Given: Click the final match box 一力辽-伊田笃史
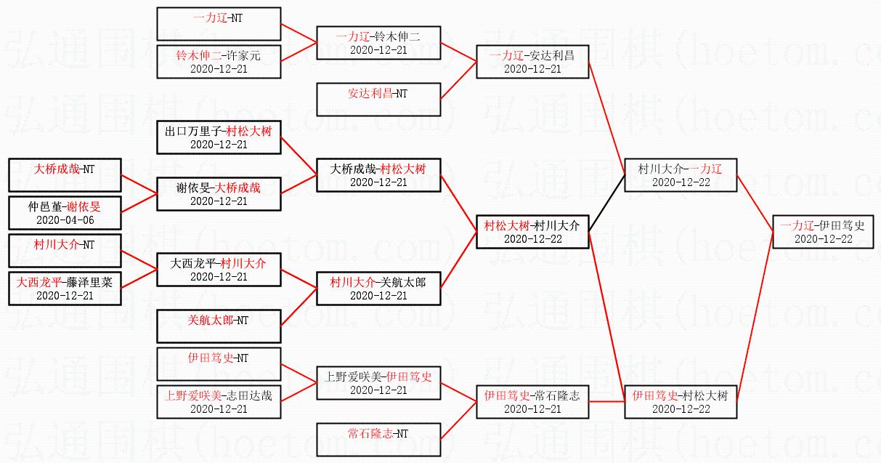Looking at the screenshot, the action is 822,232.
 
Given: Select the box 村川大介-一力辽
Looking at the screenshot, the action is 681,175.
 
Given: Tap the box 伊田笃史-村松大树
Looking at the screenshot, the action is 681,401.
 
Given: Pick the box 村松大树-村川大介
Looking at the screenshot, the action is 532,232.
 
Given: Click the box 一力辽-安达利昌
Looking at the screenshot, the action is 532,62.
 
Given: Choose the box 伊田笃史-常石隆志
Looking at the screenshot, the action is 532,401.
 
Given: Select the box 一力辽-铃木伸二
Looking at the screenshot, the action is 378,43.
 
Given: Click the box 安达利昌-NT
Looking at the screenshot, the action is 378,99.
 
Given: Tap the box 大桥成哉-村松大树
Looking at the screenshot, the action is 378,175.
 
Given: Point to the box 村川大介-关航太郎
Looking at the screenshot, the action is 378,289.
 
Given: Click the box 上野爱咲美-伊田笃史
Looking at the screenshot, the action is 378,383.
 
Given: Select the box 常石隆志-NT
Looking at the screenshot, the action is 378,439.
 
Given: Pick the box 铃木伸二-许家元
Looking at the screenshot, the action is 219,62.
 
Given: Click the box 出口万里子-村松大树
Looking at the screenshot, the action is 219,137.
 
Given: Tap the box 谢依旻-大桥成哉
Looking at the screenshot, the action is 219,194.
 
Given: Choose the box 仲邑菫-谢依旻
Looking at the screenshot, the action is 65,213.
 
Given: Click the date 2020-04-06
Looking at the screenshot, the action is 65,220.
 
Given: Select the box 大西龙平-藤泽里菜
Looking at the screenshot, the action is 65,289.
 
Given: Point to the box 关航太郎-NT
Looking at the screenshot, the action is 219,326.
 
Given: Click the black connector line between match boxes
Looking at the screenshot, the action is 606,204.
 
